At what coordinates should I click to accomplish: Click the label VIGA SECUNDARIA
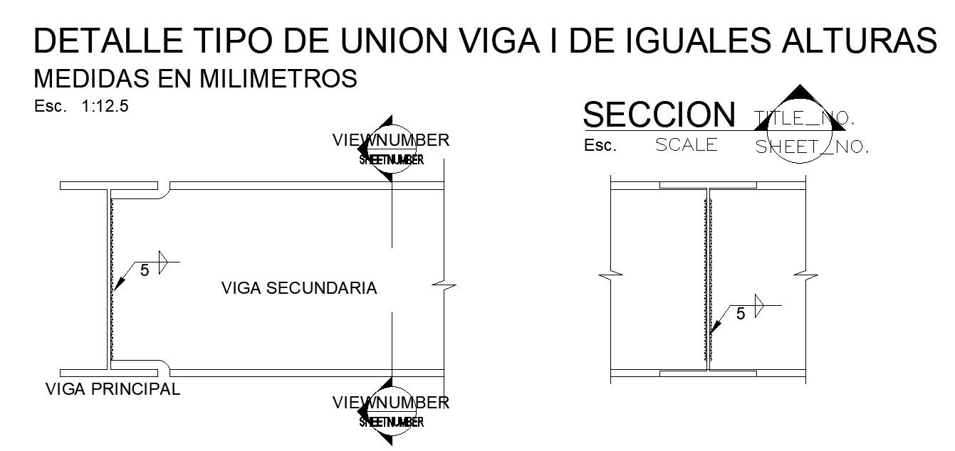[298, 288]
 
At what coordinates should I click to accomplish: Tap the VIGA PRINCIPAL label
[113, 389]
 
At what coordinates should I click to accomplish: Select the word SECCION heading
[659, 115]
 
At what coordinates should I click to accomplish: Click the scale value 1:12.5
[105, 107]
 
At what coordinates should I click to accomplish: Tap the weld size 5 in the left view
[145, 270]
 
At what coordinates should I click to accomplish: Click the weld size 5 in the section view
[740, 313]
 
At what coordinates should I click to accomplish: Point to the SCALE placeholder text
[687, 144]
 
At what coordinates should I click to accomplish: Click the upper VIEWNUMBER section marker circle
[391, 149]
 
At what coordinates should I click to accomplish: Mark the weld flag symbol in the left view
[162, 262]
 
